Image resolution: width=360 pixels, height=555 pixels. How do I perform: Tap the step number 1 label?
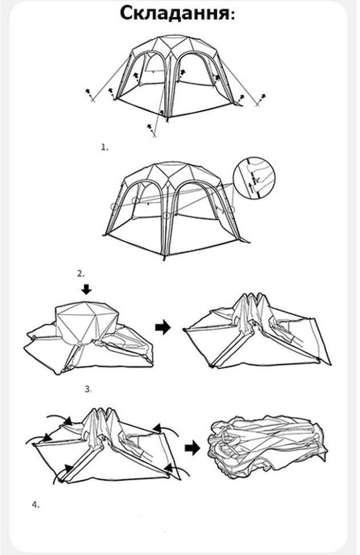coord(105,147)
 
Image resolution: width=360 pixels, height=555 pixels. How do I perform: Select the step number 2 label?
coord(81,273)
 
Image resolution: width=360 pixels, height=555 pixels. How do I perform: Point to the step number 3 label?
coord(88,389)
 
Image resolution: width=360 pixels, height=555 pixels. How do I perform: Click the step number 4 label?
coord(35,505)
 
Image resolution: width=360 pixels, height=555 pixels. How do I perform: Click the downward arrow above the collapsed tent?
coord(86,290)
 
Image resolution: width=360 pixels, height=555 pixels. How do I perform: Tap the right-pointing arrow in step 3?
coord(163,327)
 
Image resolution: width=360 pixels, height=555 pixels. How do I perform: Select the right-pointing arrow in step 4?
coord(192,448)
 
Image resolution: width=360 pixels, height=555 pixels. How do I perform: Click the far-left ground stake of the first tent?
coord(90,95)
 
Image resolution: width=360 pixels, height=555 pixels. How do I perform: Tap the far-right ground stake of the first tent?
coord(260,100)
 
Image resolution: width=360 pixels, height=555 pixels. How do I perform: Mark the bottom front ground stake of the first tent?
coord(152,130)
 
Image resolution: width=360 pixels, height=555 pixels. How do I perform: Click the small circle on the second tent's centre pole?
coord(167,215)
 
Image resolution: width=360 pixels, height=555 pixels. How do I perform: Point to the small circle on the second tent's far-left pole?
coord(114,206)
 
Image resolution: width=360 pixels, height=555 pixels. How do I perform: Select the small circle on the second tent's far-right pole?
coord(231,209)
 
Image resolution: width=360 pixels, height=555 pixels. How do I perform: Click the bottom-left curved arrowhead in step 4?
coord(69,469)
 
